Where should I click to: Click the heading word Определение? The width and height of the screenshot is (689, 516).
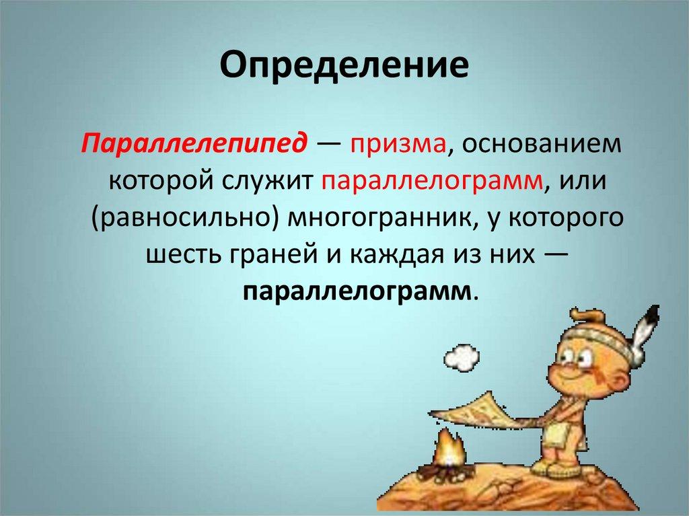tap(344, 67)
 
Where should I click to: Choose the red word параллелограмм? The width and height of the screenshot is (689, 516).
tap(432, 182)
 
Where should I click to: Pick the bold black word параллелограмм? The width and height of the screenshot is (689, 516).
tap(357, 292)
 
